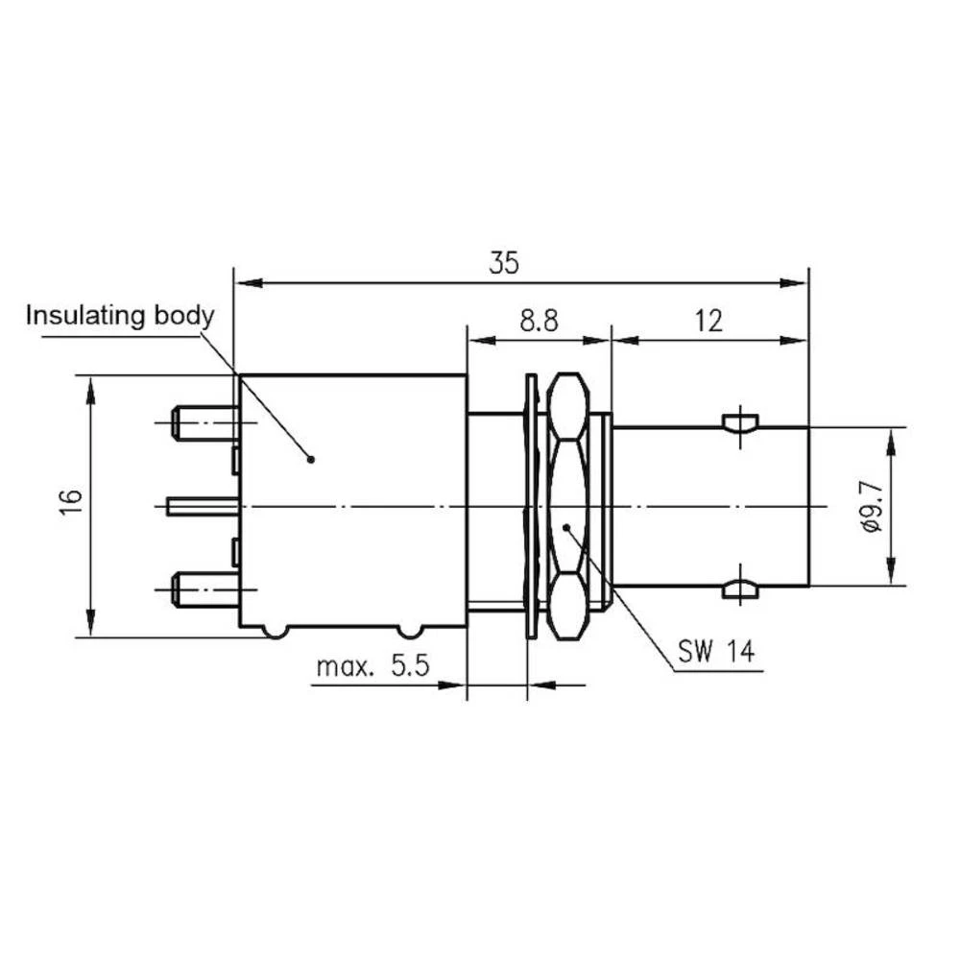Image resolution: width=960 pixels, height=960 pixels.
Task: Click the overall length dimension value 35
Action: [x=503, y=262]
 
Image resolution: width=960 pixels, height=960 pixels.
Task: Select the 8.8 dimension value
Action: [x=540, y=321]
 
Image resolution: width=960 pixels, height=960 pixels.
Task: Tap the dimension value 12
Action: [x=708, y=321]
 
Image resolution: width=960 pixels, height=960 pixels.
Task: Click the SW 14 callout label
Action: [x=715, y=653]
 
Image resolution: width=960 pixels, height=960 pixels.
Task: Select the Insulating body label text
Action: [x=119, y=316]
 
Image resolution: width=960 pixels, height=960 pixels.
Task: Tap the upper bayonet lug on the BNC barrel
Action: [x=740, y=422]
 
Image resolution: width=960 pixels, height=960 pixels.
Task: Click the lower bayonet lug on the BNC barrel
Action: [x=740, y=588]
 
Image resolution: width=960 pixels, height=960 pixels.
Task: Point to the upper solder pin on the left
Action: [x=203, y=422]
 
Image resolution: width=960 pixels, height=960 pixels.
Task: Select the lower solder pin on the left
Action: [x=203, y=588]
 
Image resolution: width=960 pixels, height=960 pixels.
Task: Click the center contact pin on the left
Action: [x=202, y=506]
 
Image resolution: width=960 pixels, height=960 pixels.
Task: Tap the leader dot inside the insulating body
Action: [x=310, y=459]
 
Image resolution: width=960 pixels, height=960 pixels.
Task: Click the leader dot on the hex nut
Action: [x=567, y=526]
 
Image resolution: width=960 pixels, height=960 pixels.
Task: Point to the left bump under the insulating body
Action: [x=276, y=632]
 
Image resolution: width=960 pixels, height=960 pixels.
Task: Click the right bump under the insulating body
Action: [x=410, y=632]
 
